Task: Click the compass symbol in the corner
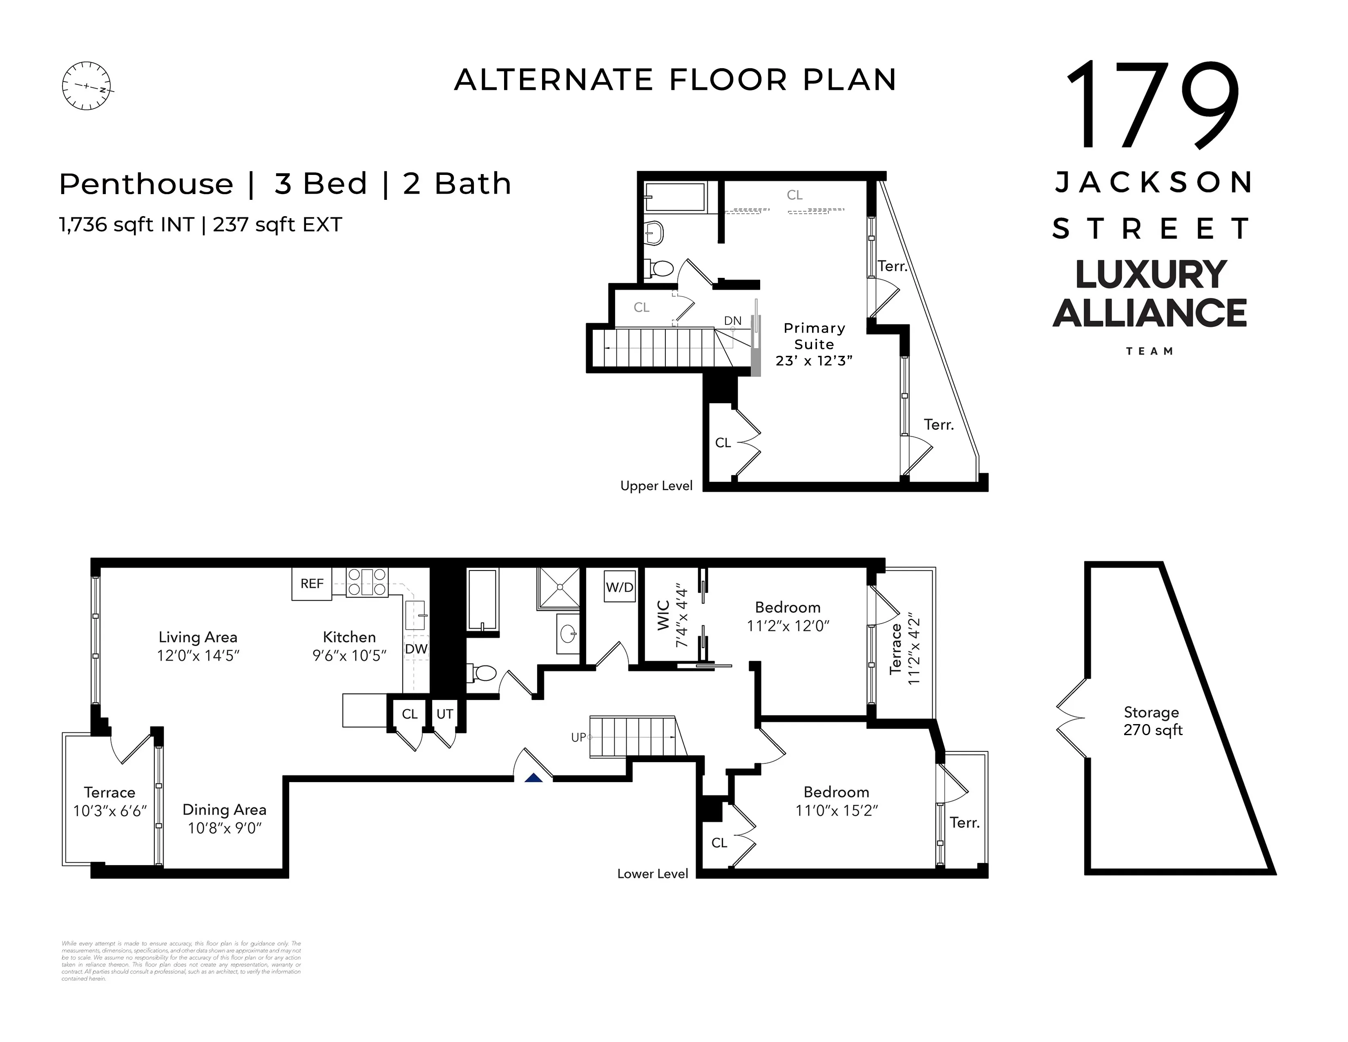pos(87,86)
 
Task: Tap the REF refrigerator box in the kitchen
pos(312,584)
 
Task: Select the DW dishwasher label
pos(416,649)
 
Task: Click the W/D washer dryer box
pos(620,587)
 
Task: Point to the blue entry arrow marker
pos(533,778)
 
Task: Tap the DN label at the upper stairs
pos(733,320)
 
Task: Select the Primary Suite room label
pos(814,336)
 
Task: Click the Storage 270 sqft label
pos(1152,721)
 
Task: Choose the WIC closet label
pos(663,615)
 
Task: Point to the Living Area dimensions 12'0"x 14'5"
pos(198,655)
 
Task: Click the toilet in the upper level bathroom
pos(659,268)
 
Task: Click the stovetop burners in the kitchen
pos(367,581)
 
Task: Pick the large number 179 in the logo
pos(1152,105)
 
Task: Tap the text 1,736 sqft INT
pos(127,225)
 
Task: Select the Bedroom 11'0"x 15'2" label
pos(836,801)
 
